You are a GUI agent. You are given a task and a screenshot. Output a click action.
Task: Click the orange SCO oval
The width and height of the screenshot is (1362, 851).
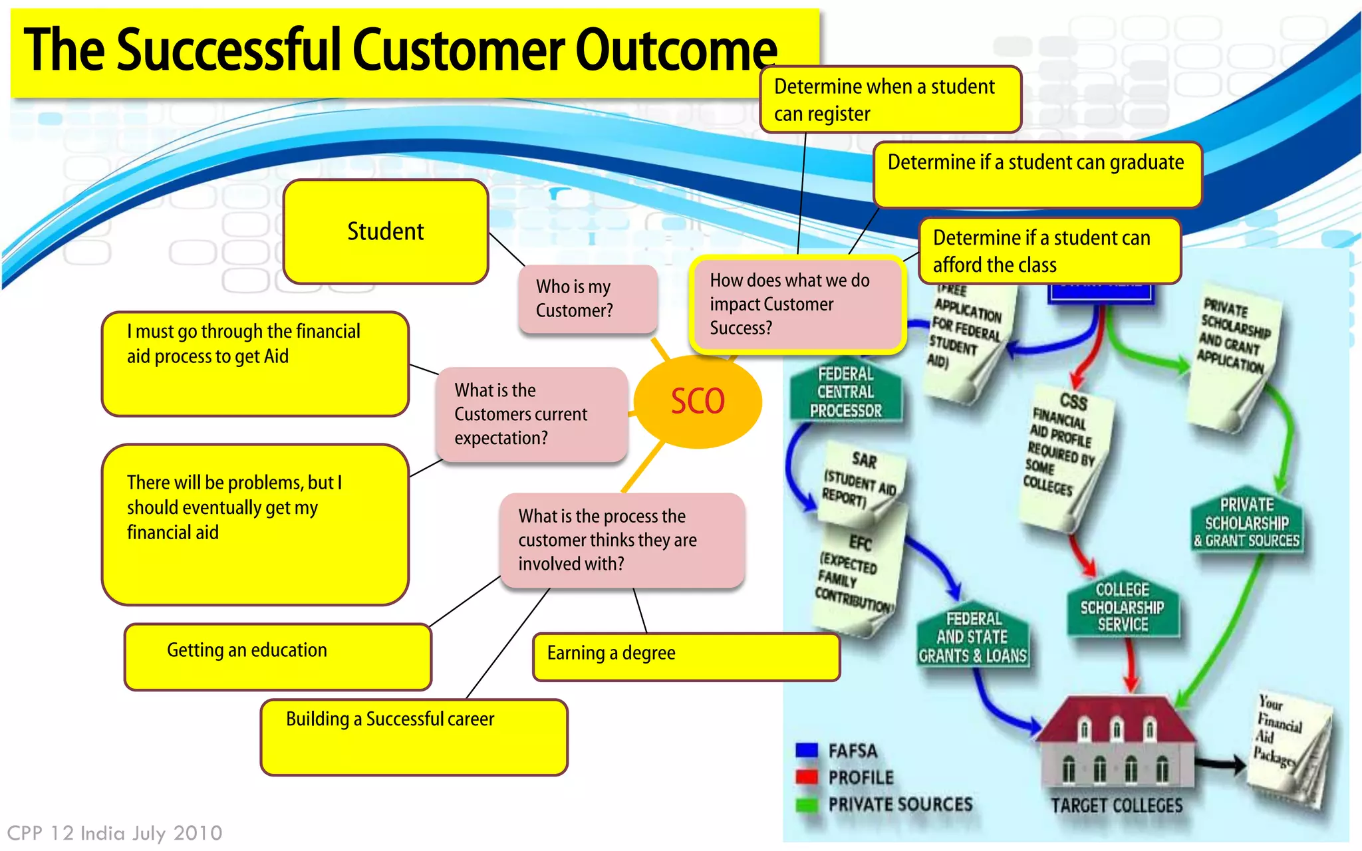click(x=697, y=401)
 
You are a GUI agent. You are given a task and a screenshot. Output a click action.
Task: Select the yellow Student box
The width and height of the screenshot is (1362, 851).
click(x=386, y=231)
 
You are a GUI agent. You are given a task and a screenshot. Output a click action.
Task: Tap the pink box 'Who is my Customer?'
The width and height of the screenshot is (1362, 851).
click(x=587, y=299)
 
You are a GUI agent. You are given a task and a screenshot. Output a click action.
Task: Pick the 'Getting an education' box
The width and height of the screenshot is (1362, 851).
click(x=277, y=656)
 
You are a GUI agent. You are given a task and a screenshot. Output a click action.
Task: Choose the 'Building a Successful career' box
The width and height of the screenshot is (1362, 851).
click(x=414, y=737)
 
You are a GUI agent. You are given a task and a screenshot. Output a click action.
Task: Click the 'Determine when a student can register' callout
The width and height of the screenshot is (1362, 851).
click(x=890, y=100)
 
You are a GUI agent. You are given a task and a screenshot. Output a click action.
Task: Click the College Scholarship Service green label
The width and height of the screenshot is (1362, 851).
click(x=1122, y=606)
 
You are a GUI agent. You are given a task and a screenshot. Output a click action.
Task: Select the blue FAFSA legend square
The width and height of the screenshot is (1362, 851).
click(x=806, y=751)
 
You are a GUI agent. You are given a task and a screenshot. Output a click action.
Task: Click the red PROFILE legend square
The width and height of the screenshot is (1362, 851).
click(x=806, y=777)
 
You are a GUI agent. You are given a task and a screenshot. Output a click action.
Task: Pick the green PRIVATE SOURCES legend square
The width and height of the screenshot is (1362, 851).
click(x=806, y=804)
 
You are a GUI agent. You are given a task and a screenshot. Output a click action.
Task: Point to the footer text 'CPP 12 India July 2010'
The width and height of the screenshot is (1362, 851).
click(x=114, y=833)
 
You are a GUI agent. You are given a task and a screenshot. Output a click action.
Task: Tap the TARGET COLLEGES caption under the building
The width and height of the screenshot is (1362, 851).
click(x=1117, y=806)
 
